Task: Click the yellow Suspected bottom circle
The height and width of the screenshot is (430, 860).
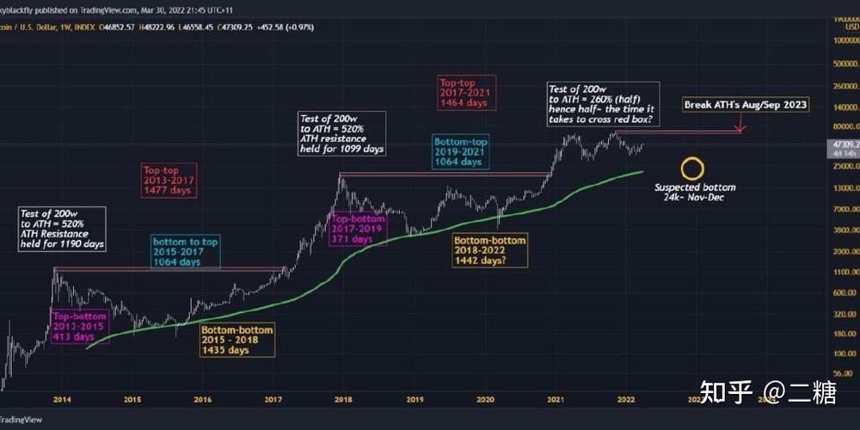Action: tap(691, 169)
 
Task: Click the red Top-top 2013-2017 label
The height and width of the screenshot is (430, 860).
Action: tap(169, 181)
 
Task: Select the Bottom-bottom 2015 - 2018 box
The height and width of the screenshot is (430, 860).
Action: tap(237, 340)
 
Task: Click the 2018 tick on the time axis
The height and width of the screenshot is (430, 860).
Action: tap(344, 399)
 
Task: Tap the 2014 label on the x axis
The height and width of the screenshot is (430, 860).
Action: tap(61, 399)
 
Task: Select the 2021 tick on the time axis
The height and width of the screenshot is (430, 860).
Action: tap(556, 399)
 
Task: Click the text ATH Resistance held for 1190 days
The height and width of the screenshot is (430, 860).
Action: tap(63, 239)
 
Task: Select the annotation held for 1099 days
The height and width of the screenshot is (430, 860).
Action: tap(341, 143)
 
